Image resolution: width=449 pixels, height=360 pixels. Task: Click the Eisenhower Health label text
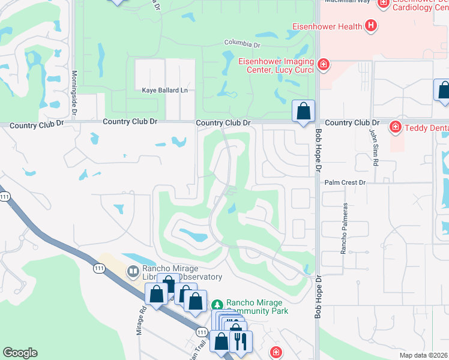point(327,26)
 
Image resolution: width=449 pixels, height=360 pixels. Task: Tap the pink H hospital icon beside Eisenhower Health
point(372,26)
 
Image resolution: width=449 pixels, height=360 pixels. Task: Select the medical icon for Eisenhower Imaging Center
point(324,64)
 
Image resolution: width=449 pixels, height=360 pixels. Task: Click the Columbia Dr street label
point(242,44)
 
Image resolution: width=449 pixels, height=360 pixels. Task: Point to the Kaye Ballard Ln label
point(164,91)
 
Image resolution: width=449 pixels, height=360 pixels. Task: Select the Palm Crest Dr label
point(345,182)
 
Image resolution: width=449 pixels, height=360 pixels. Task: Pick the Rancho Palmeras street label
point(345,228)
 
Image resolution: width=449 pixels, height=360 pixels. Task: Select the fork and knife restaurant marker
point(241,341)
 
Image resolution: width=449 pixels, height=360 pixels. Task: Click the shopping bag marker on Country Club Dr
point(304,111)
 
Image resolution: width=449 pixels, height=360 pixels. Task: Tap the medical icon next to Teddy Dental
point(395,127)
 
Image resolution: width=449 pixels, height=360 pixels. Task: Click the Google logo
point(20,353)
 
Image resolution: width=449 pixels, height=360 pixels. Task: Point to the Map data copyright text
point(423,355)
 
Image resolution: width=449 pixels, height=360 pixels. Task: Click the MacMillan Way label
point(347,2)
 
